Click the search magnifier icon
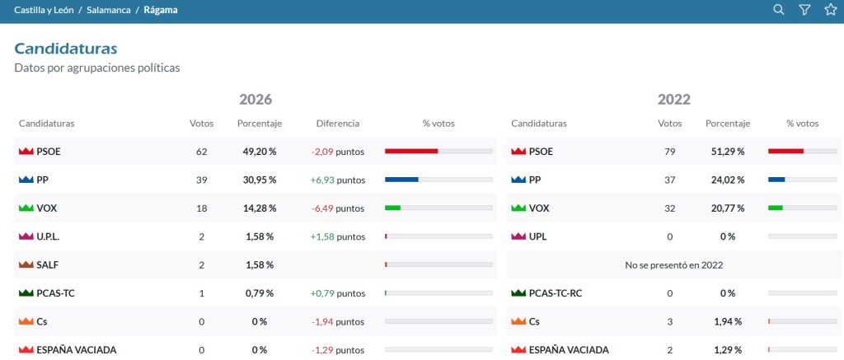(x=778, y=10)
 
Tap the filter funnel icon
(x=804, y=10)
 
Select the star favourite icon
(x=831, y=10)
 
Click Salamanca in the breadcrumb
(x=109, y=10)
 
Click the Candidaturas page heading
(x=66, y=49)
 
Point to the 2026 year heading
(x=256, y=100)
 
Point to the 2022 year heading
(x=674, y=100)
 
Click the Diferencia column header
(x=337, y=124)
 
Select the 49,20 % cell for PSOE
(x=260, y=152)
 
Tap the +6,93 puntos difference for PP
(x=337, y=180)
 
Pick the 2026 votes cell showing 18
(x=201, y=208)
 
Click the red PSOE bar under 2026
(x=411, y=152)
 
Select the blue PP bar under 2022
(x=776, y=180)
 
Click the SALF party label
(x=47, y=264)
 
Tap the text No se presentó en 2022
(x=674, y=264)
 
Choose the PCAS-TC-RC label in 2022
(x=556, y=293)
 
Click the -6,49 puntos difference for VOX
(x=337, y=208)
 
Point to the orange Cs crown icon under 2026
(x=26, y=322)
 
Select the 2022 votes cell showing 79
(x=669, y=152)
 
